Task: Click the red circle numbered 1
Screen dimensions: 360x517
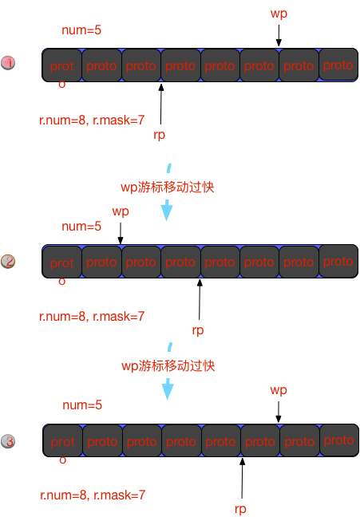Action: [x=8, y=63]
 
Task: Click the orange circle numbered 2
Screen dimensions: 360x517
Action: [x=8, y=262]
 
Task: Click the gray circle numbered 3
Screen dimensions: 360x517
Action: [x=8, y=441]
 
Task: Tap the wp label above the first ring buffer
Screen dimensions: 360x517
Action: [x=279, y=14]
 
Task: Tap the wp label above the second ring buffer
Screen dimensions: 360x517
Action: [x=121, y=211]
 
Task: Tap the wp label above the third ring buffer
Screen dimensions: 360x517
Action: [x=279, y=390]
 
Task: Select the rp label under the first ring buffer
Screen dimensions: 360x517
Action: [x=160, y=135]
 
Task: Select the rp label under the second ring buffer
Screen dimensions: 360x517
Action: [x=198, y=330]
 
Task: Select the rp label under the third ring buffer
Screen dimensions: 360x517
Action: [x=240, y=509]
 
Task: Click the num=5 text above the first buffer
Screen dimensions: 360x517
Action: [x=81, y=30]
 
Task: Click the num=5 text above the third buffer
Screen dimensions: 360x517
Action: [x=82, y=405]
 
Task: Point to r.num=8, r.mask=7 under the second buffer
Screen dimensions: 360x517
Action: [x=92, y=317]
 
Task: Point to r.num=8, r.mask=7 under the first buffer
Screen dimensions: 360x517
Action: [x=92, y=120]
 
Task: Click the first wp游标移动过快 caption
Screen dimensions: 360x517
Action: [x=168, y=187]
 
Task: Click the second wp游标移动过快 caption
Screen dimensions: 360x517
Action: [x=168, y=366]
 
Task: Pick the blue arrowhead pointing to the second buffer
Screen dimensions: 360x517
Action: [x=167, y=211]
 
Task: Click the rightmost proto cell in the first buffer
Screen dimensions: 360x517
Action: [x=338, y=65]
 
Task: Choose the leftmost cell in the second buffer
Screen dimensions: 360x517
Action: [x=62, y=262]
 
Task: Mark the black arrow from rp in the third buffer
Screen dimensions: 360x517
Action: [x=242, y=478]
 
